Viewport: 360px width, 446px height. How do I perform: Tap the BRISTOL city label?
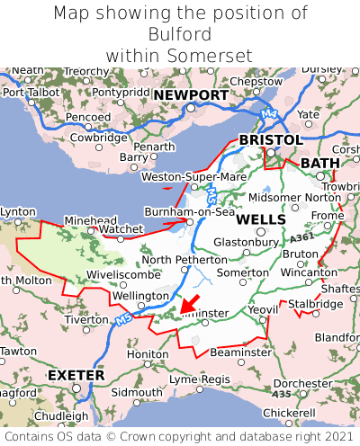point(270,140)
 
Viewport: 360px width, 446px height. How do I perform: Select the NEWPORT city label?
point(190,95)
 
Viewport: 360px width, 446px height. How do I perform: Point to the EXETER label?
point(76,374)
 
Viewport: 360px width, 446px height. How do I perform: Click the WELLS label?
point(261,219)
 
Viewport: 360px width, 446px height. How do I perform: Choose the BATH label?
point(320,163)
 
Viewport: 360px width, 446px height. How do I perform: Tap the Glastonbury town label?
point(246,242)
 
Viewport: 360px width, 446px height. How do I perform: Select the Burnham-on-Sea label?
point(190,212)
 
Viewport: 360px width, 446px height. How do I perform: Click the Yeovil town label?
point(263,308)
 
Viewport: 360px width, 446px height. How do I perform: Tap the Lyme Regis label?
point(200,379)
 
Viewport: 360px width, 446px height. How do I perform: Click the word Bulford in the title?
point(180,34)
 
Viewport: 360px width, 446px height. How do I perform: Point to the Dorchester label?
point(302,384)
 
